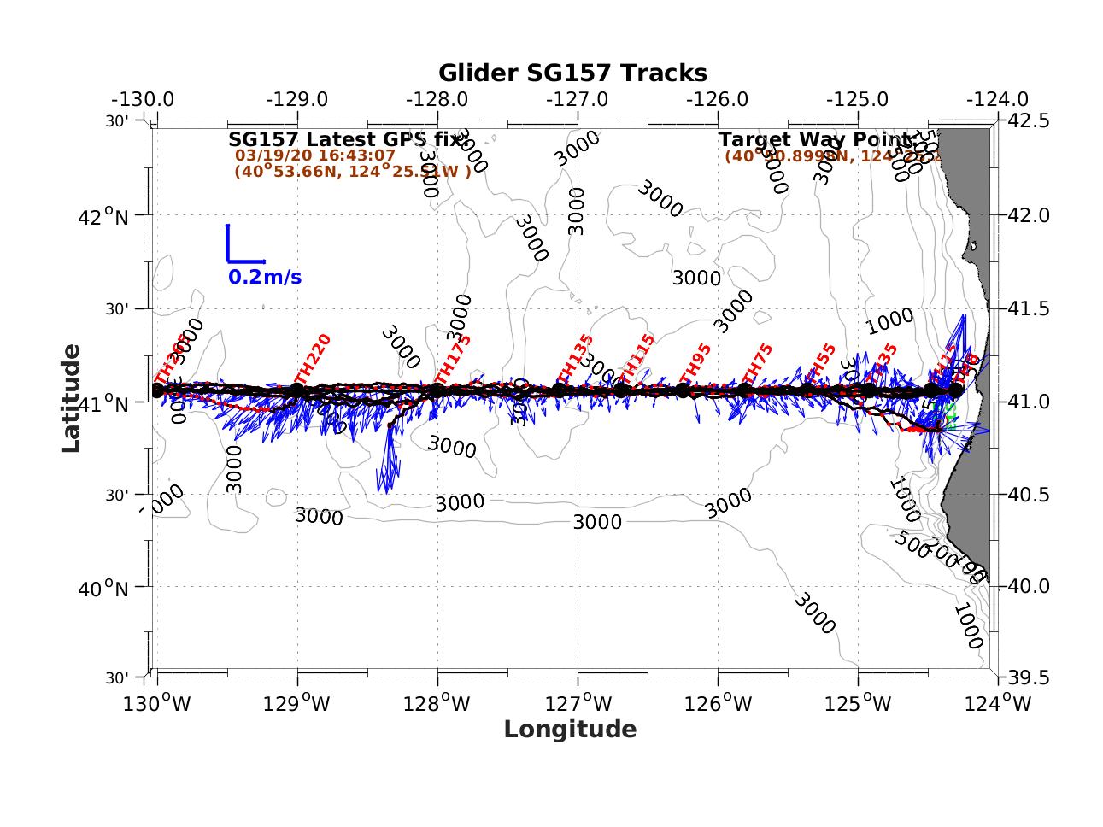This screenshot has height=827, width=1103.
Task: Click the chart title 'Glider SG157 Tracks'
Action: (572, 73)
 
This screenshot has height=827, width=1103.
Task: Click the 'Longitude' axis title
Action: (570, 729)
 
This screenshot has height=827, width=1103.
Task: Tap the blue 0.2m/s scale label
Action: (265, 278)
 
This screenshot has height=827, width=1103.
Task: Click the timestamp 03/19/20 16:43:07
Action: (315, 155)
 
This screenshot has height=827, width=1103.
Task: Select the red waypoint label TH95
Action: (695, 367)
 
